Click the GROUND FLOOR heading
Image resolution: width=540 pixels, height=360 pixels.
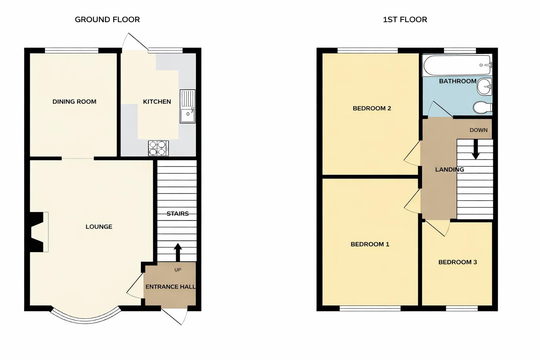point(107,20)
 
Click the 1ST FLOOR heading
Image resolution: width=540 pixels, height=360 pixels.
point(405,20)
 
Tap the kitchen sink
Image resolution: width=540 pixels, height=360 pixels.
point(187,107)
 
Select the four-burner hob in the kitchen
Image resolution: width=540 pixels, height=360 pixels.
point(158,148)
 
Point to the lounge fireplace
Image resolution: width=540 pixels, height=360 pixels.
point(38,232)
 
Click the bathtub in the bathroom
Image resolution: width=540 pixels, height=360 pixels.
point(457,65)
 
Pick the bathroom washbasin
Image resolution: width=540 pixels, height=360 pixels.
point(485,86)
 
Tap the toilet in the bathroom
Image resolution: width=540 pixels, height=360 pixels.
point(483,108)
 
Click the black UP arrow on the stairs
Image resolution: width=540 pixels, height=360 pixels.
point(178,252)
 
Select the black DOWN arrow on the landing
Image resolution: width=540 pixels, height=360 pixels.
point(475,149)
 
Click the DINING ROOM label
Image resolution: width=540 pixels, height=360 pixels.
point(74,102)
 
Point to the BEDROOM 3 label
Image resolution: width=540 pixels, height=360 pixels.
point(457,262)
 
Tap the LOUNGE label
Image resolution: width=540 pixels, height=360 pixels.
point(99,227)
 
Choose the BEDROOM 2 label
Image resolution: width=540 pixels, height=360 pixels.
point(372,108)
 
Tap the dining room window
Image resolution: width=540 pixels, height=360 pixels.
point(71,51)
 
